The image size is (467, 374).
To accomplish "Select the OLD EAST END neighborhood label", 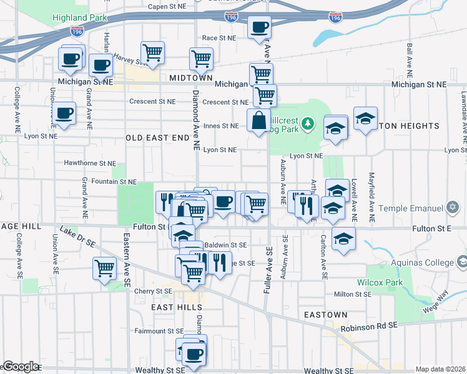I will (x=157, y=137).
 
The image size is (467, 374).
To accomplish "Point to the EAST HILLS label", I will (x=177, y=308).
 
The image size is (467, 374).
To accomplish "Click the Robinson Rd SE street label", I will (x=368, y=326).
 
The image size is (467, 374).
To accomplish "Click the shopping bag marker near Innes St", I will (x=258, y=120).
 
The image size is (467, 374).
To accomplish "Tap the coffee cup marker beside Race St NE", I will (x=259, y=27).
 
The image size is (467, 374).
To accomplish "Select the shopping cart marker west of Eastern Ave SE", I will (x=104, y=269).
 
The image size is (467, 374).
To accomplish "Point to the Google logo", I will (x=20, y=367).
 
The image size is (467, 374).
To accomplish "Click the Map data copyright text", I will (x=440, y=369).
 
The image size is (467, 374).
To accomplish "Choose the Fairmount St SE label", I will (x=159, y=331).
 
